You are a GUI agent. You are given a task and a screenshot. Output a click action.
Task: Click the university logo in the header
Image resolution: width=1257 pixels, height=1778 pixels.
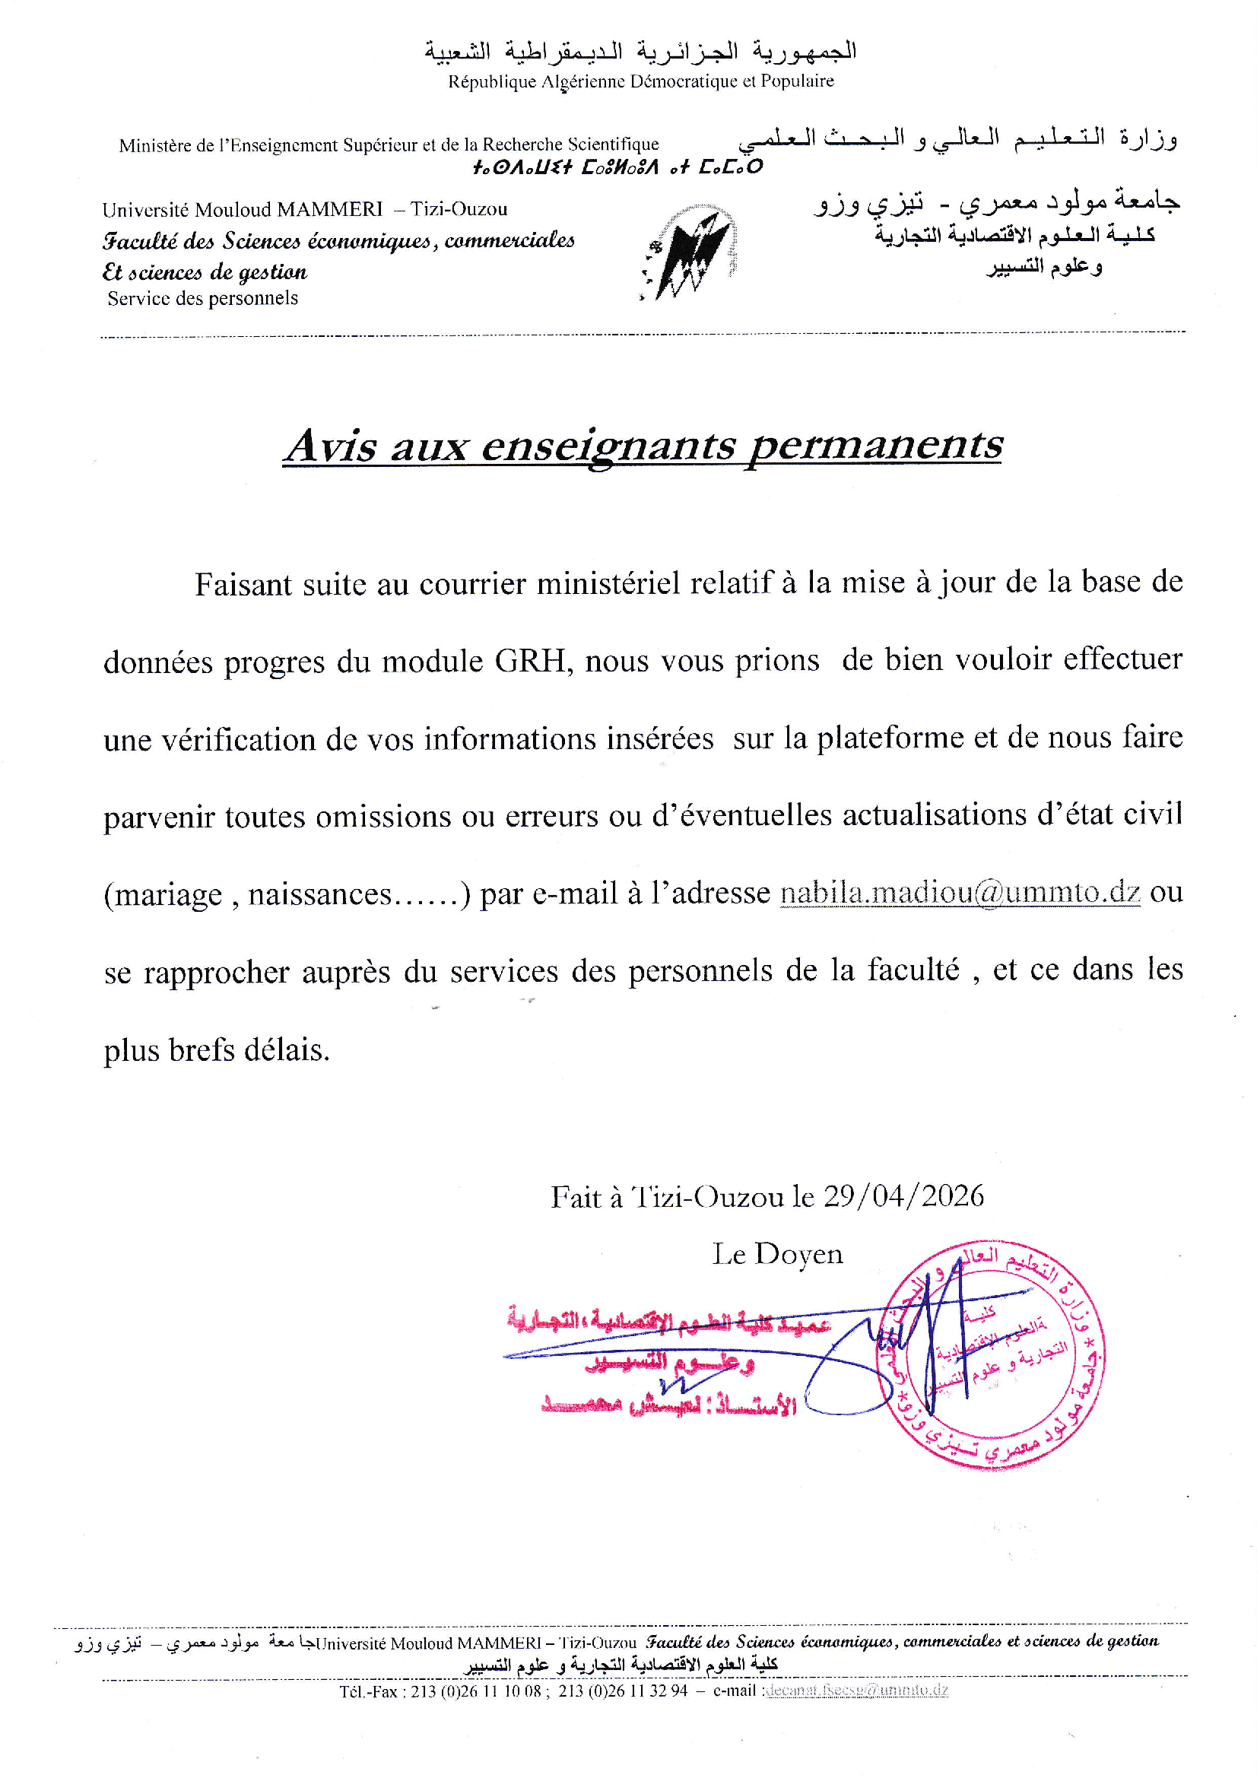pyautogui.click(x=688, y=252)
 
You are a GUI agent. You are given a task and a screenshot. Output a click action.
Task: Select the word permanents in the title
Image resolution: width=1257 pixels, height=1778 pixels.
pyautogui.click(x=875, y=446)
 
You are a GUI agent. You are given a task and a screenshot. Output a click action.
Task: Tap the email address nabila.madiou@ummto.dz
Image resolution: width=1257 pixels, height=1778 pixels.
pyautogui.click(x=960, y=892)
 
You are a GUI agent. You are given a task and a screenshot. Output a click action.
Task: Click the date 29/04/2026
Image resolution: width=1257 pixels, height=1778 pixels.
pyautogui.click(x=903, y=1195)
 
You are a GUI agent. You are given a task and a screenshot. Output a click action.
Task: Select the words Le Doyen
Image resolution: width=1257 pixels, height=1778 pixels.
pyautogui.click(x=777, y=1254)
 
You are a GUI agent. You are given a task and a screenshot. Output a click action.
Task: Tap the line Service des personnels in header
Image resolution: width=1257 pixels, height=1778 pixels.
pyautogui.click(x=203, y=298)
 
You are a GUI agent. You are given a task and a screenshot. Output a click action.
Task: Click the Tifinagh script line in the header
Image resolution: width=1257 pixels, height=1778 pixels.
pyautogui.click(x=617, y=167)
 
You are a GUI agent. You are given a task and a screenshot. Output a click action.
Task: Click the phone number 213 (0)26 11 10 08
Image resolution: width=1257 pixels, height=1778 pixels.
pyautogui.click(x=475, y=1691)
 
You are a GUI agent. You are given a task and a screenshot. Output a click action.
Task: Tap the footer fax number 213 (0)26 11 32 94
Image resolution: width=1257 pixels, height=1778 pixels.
pyautogui.click(x=623, y=1691)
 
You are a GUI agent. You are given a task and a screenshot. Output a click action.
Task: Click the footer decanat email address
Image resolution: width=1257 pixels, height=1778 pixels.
pyautogui.click(x=855, y=1690)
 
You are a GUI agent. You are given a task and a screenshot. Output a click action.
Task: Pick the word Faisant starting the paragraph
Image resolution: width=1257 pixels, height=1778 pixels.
pyautogui.click(x=243, y=584)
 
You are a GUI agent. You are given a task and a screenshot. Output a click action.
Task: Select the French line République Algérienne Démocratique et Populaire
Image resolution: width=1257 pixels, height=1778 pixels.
pyautogui.click(x=640, y=81)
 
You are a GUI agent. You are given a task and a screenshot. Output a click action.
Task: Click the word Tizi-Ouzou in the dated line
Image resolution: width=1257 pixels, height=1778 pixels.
pyautogui.click(x=707, y=1197)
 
